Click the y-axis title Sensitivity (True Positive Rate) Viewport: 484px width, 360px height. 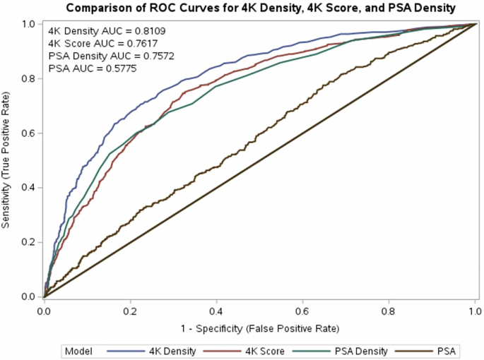pos(6,160)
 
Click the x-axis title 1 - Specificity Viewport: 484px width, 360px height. pos(260,328)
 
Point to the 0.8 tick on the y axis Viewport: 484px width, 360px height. pos(28,78)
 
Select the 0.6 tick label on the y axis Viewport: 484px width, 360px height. pos(28,133)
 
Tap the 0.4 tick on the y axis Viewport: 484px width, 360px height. pos(28,188)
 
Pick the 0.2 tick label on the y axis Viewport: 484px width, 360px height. pos(28,242)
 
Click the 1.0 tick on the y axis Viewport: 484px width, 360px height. pos(28,24)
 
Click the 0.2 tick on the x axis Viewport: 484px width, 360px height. pos(131,311)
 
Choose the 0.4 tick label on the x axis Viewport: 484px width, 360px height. pos(217,311)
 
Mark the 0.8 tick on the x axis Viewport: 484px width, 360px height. pos(389,311)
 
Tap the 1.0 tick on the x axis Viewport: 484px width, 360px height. pos(476,311)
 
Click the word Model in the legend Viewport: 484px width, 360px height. pos(77,350)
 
